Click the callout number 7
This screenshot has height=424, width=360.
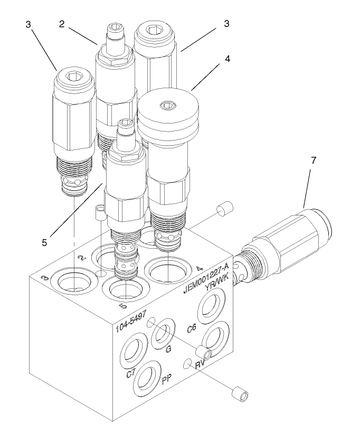(x=314, y=161)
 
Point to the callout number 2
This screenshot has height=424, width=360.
(x=62, y=24)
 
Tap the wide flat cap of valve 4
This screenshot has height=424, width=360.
(x=168, y=111)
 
